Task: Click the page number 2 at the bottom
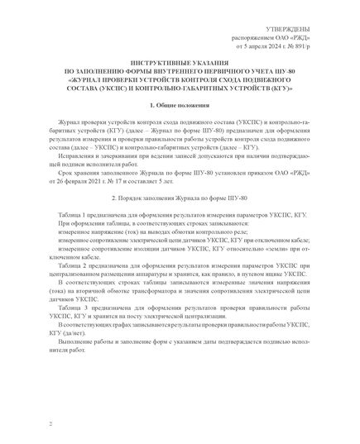pos(50,423)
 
